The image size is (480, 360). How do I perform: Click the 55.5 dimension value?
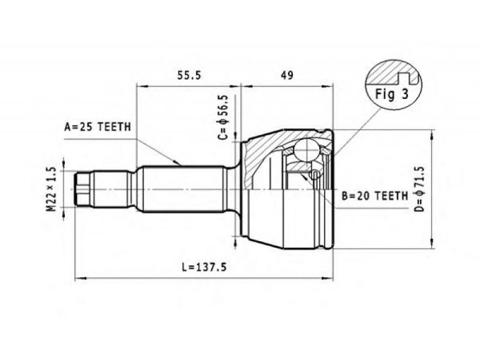click(190, 76)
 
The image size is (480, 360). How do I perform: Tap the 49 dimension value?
click(287, 76)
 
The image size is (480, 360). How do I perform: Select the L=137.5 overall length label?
click(204, 267)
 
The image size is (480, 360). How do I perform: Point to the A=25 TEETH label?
click(98, 127)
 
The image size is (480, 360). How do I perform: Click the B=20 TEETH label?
click(374, 196)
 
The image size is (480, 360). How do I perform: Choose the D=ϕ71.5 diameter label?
click(419, 189)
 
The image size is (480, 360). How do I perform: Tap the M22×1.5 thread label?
click(52, 189)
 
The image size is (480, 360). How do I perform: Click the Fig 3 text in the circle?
click(392, 94)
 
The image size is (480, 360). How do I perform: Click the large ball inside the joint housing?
click(307, 149)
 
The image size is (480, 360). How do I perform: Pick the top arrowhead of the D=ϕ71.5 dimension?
click(432, 135)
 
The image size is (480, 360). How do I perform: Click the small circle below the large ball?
click(314, 175)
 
